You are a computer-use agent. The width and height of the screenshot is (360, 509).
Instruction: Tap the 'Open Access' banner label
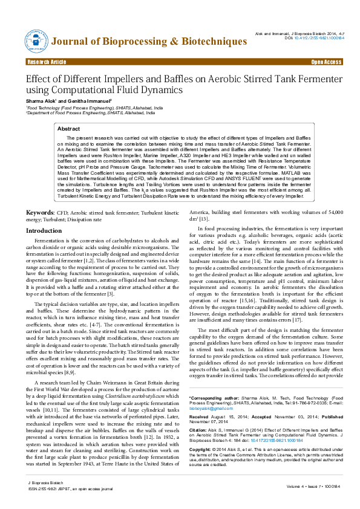point(326,62)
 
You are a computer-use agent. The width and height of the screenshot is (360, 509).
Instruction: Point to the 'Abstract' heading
point(68,129)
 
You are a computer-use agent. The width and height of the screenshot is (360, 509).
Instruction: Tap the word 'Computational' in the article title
point(91,89)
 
